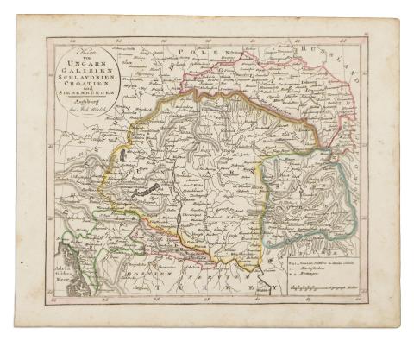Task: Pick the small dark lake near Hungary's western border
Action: click(123, 155)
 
